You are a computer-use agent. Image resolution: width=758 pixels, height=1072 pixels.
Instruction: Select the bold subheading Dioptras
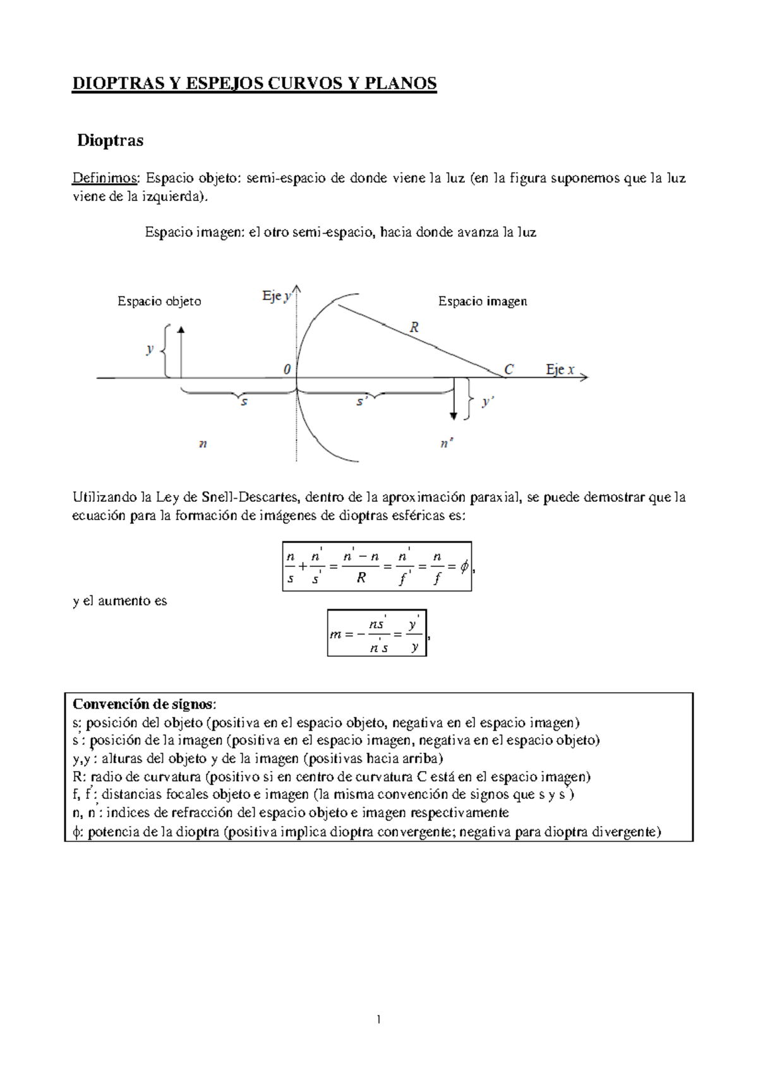pos(110,140)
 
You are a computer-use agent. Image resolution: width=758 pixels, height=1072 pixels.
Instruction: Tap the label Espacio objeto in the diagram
pos(159,301)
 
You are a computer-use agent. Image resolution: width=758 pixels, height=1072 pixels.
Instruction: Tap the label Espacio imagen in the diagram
pos(483,301)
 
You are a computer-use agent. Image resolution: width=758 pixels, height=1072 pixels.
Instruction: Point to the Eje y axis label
pos(276,296)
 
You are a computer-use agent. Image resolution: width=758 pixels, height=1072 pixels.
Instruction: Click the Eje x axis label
pos(560,370)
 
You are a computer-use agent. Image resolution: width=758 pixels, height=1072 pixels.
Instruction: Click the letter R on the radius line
pos(414,327)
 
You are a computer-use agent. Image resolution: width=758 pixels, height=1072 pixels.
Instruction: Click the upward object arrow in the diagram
pos(181,351)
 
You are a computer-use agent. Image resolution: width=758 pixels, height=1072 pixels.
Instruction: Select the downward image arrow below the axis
pos(454,398)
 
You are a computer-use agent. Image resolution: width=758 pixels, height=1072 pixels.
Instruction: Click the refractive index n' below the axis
pos(447,444)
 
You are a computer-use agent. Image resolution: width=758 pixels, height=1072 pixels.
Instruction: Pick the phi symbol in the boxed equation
pos(464,567)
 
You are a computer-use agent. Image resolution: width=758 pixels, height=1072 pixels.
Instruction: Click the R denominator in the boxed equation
pos(361,577)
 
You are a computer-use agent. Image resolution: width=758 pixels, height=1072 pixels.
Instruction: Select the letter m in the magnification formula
pos(335,634)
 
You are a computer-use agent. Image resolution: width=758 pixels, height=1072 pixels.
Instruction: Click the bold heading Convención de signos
pos(144,704)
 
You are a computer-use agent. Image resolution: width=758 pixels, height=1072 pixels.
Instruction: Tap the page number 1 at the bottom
pos(378,1019)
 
